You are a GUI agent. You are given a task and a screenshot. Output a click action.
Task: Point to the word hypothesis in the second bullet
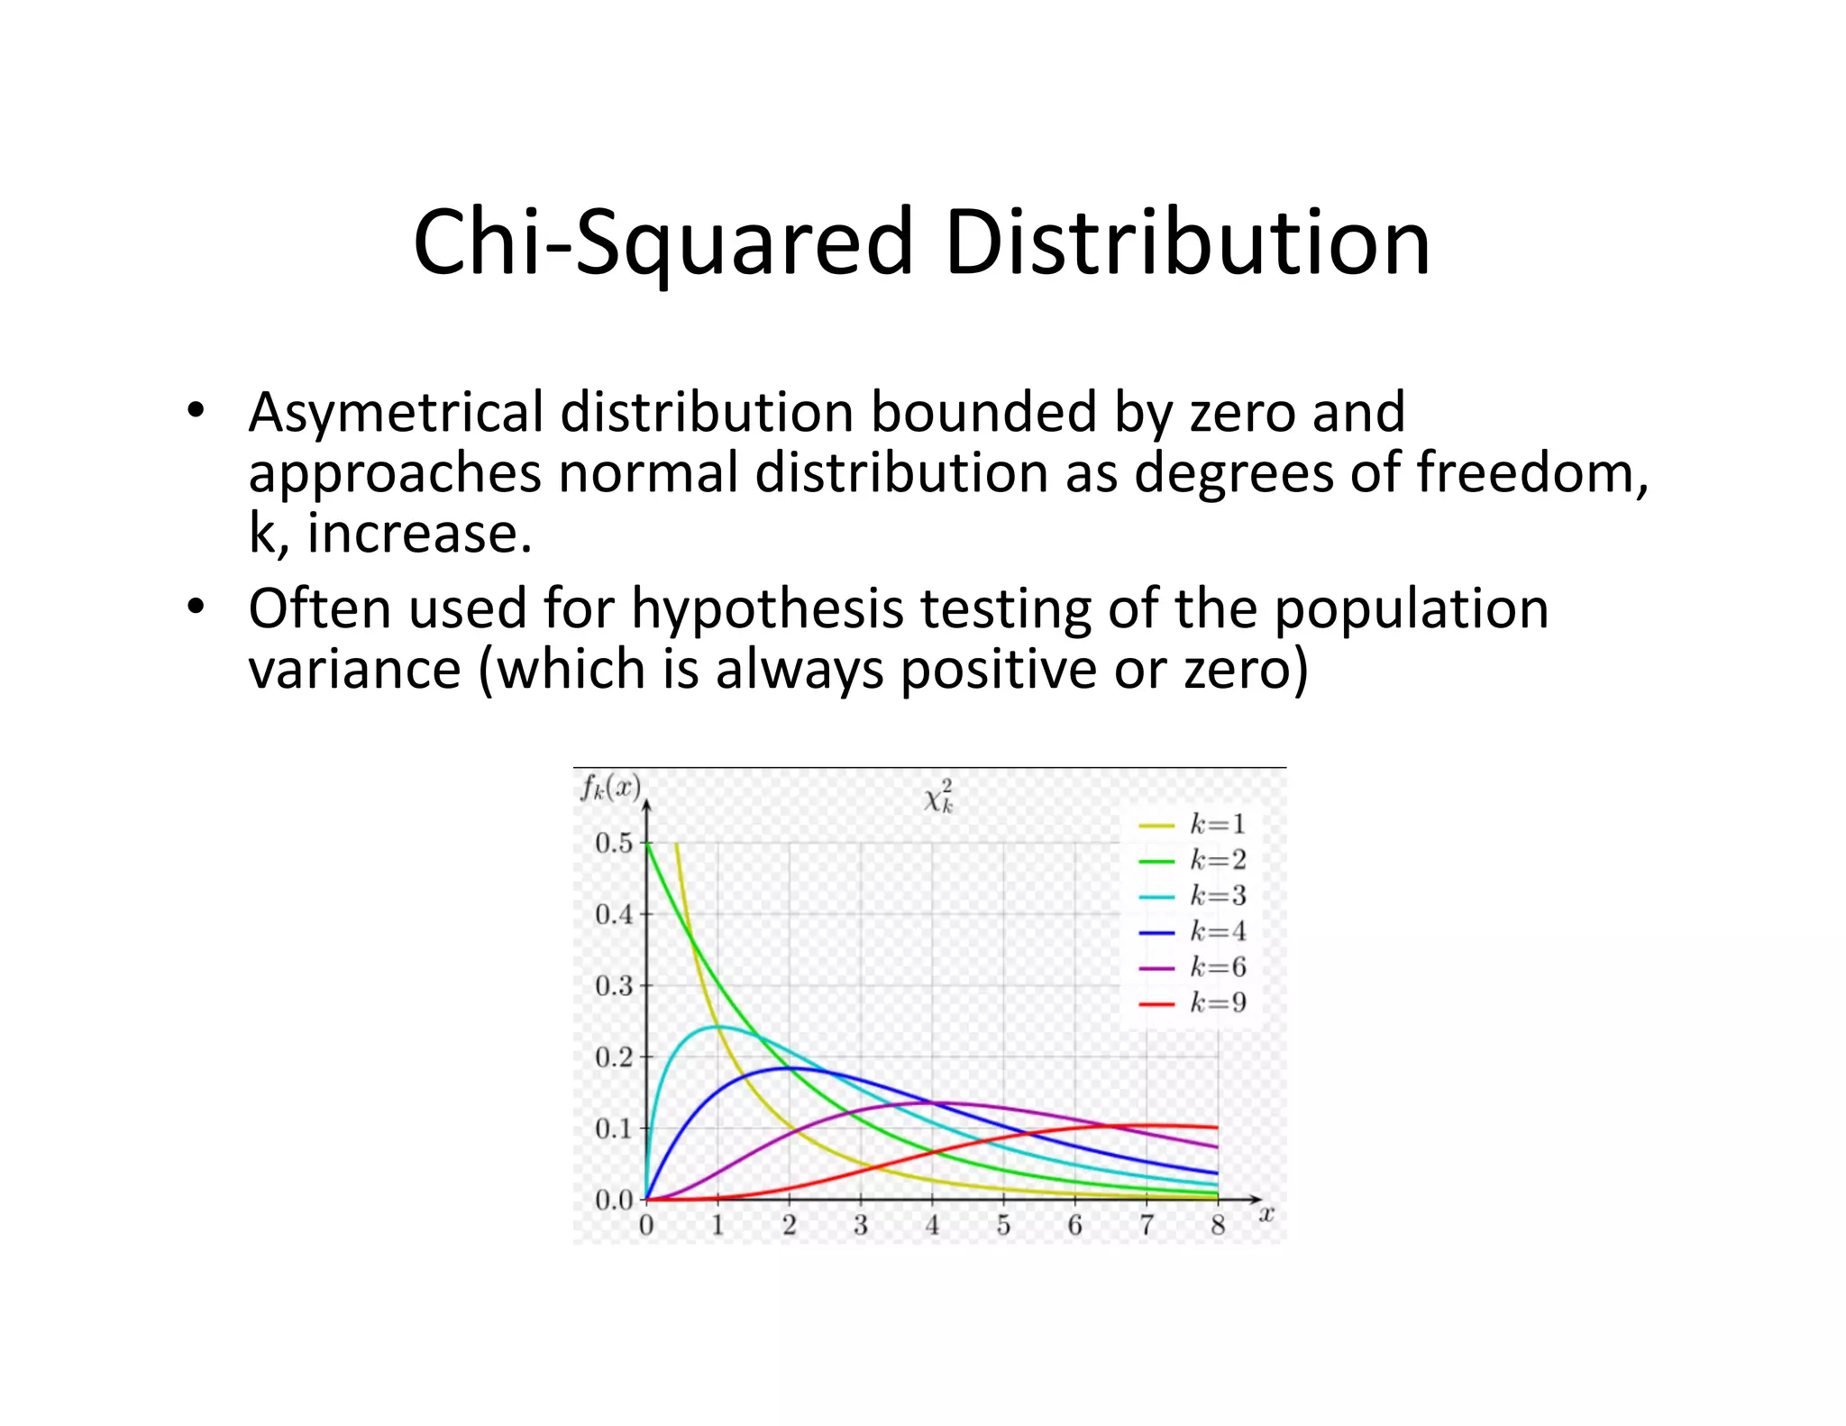767,609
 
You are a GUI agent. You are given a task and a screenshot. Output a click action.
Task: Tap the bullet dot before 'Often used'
196,607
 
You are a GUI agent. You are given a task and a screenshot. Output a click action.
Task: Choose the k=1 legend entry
1192,824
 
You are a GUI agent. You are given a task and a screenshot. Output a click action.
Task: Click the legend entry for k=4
1192,931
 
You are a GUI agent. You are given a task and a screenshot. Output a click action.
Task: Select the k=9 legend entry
1192,1002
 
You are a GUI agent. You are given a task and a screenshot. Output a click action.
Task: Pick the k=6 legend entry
1192,967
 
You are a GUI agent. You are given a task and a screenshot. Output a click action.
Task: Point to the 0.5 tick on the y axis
615,844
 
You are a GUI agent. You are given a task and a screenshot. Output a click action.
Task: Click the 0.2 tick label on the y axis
615,1057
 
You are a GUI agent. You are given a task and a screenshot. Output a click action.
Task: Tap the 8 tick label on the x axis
1218,1226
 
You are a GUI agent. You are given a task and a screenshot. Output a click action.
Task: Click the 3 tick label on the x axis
861,1226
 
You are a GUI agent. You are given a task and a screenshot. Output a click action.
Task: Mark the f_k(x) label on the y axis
610,789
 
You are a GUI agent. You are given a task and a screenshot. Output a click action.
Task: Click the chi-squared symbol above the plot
938,797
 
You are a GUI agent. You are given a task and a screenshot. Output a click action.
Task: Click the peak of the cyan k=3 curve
717,1027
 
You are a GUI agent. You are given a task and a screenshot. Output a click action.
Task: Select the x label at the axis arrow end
1266,1214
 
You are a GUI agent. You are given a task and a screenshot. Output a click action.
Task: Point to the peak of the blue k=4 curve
788,1068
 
